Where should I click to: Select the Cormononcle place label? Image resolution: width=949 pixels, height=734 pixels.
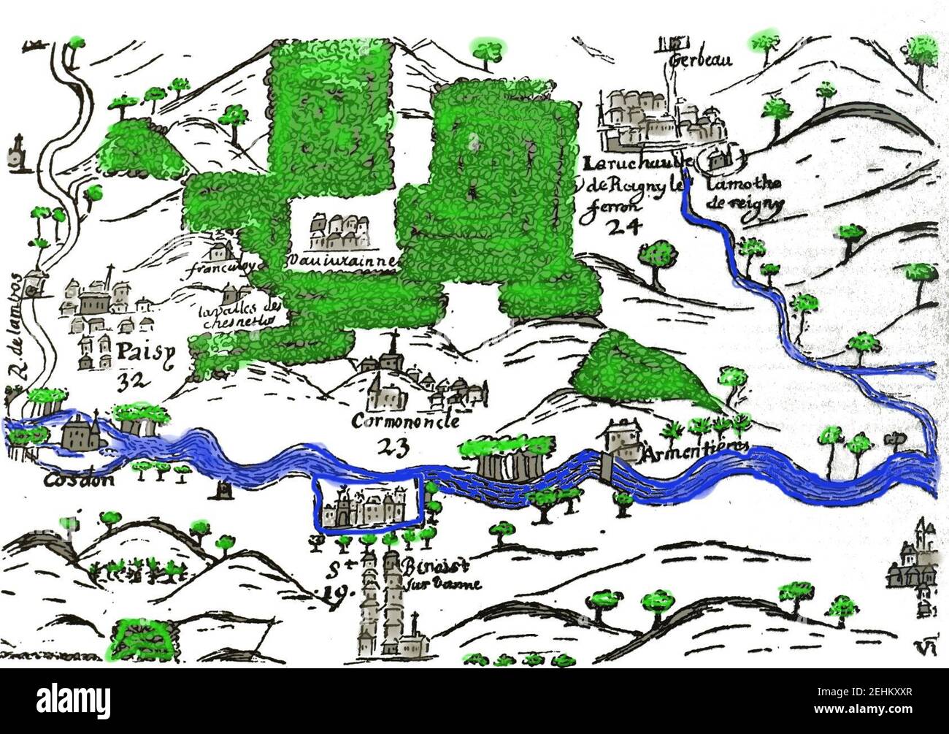(x=406, y=421)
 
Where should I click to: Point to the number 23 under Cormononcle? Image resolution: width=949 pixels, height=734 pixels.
(x=396, y=445)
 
